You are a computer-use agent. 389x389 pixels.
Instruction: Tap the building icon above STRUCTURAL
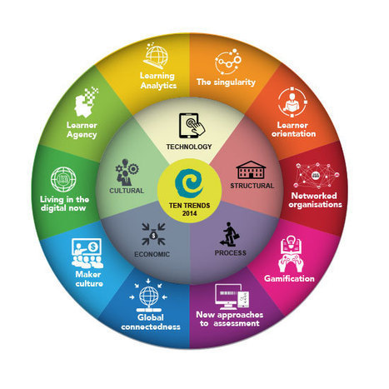(x=251, y=170)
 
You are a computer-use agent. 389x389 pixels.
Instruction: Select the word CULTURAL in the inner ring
(x=127, y=191)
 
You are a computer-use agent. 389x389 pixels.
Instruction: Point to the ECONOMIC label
(x=152, y=254)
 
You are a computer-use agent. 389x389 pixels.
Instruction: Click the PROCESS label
(x=231, y=253)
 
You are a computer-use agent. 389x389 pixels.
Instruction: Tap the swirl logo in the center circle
(x=189, y=184)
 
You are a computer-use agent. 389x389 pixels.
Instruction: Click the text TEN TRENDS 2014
(x=190, y=209)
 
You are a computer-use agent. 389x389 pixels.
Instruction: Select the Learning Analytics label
(x=158, y=81)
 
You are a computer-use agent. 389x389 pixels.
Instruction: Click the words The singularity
(x=226, y=82)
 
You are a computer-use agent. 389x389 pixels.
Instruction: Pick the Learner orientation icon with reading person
(x=292, y=102)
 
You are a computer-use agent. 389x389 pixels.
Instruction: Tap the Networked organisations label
(x=315, y=200)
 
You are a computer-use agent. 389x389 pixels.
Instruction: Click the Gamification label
(x=289, y=278)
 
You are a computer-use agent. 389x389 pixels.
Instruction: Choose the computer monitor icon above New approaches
(x=232, y=297)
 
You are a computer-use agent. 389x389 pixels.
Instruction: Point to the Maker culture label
(x=89, y=279)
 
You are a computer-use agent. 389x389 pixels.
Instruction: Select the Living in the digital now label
(x=64, y=203)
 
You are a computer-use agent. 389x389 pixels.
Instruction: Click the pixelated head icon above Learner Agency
(x=86, y=102)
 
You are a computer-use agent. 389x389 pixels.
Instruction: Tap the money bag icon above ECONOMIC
(x=153, y=234)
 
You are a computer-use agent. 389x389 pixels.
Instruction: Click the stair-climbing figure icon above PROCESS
(x=230, y=234)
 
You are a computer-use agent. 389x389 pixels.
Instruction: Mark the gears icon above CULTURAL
(x=127, y=172)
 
